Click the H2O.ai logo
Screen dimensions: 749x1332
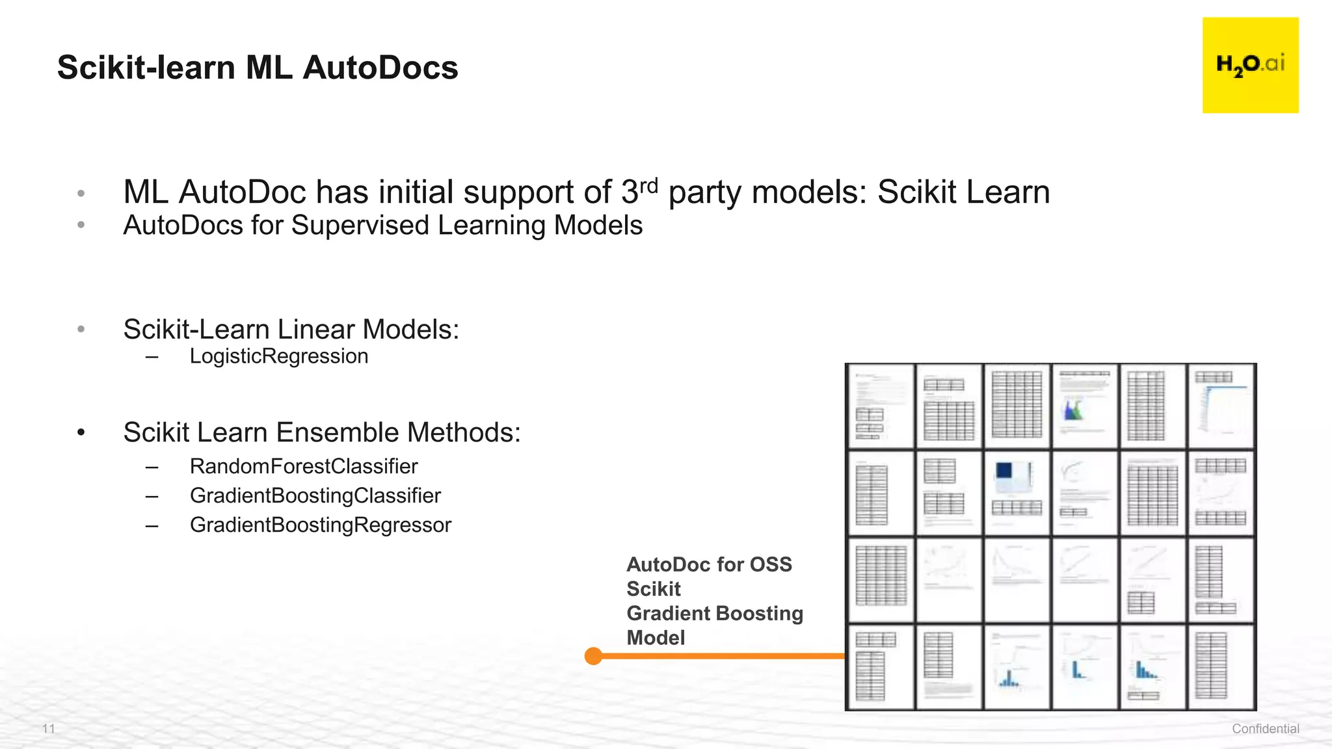point(1250,65)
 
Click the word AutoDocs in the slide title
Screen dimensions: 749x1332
point(380,68)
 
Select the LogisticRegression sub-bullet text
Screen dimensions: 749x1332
point(278,356)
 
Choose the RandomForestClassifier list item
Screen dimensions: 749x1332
point(303,466)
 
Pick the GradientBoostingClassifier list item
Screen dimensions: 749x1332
point(315,495)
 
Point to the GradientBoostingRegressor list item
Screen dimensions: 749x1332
point(320,525)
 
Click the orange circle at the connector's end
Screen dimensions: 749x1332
point(593,656)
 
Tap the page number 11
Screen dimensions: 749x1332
point(49,728)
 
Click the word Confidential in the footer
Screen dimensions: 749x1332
point(1265,729)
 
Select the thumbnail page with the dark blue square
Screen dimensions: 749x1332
point(1017,492)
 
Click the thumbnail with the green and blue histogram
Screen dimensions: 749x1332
point(1084,406)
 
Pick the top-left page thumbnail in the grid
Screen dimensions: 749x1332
point(881,406)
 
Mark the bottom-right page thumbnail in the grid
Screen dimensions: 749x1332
point(1220,667)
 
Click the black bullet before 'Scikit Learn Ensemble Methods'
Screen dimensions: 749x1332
point(81,432)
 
